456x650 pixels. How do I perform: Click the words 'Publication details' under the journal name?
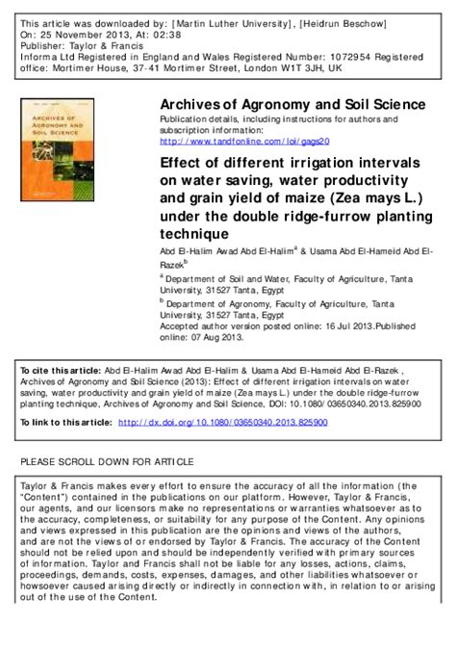(x=196, y=118)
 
